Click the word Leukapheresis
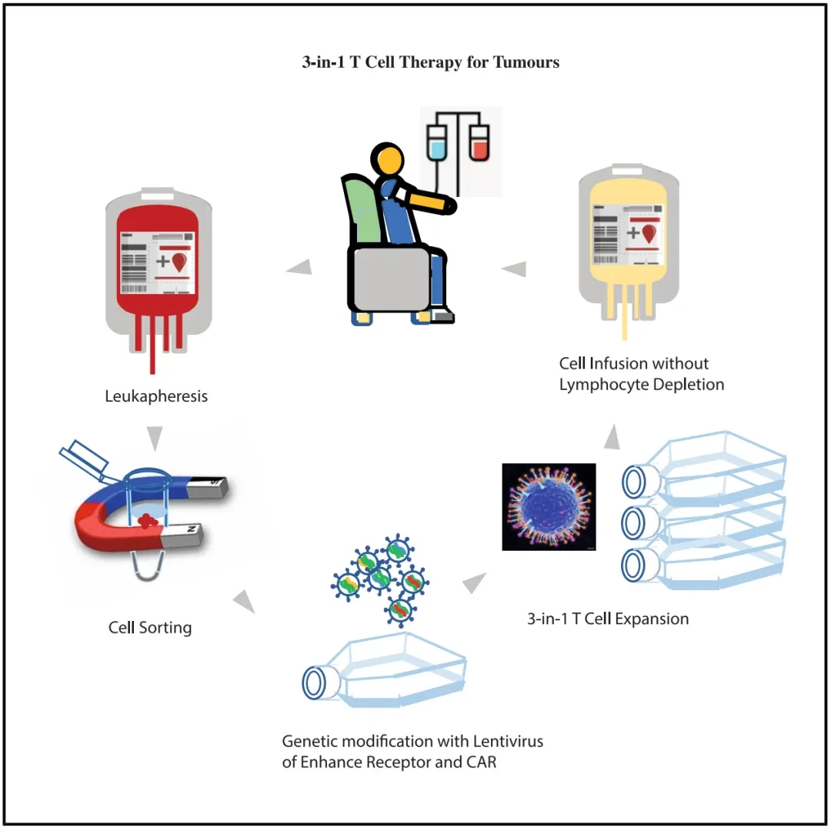coord(155,396)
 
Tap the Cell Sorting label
coord(150,628)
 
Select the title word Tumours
coord(526,62)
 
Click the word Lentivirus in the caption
coord(508,741)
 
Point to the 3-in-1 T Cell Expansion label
coord(608,619)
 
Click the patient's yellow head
coord(387,159)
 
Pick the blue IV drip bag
coord(437,142)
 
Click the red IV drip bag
coord(479,142)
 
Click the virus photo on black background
coord(549,506)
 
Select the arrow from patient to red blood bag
coord(299,267)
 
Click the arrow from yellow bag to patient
coord(514,269)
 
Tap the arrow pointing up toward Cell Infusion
coord(612,437)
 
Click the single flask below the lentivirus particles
coord(384,669)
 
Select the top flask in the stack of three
coord(704,466)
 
